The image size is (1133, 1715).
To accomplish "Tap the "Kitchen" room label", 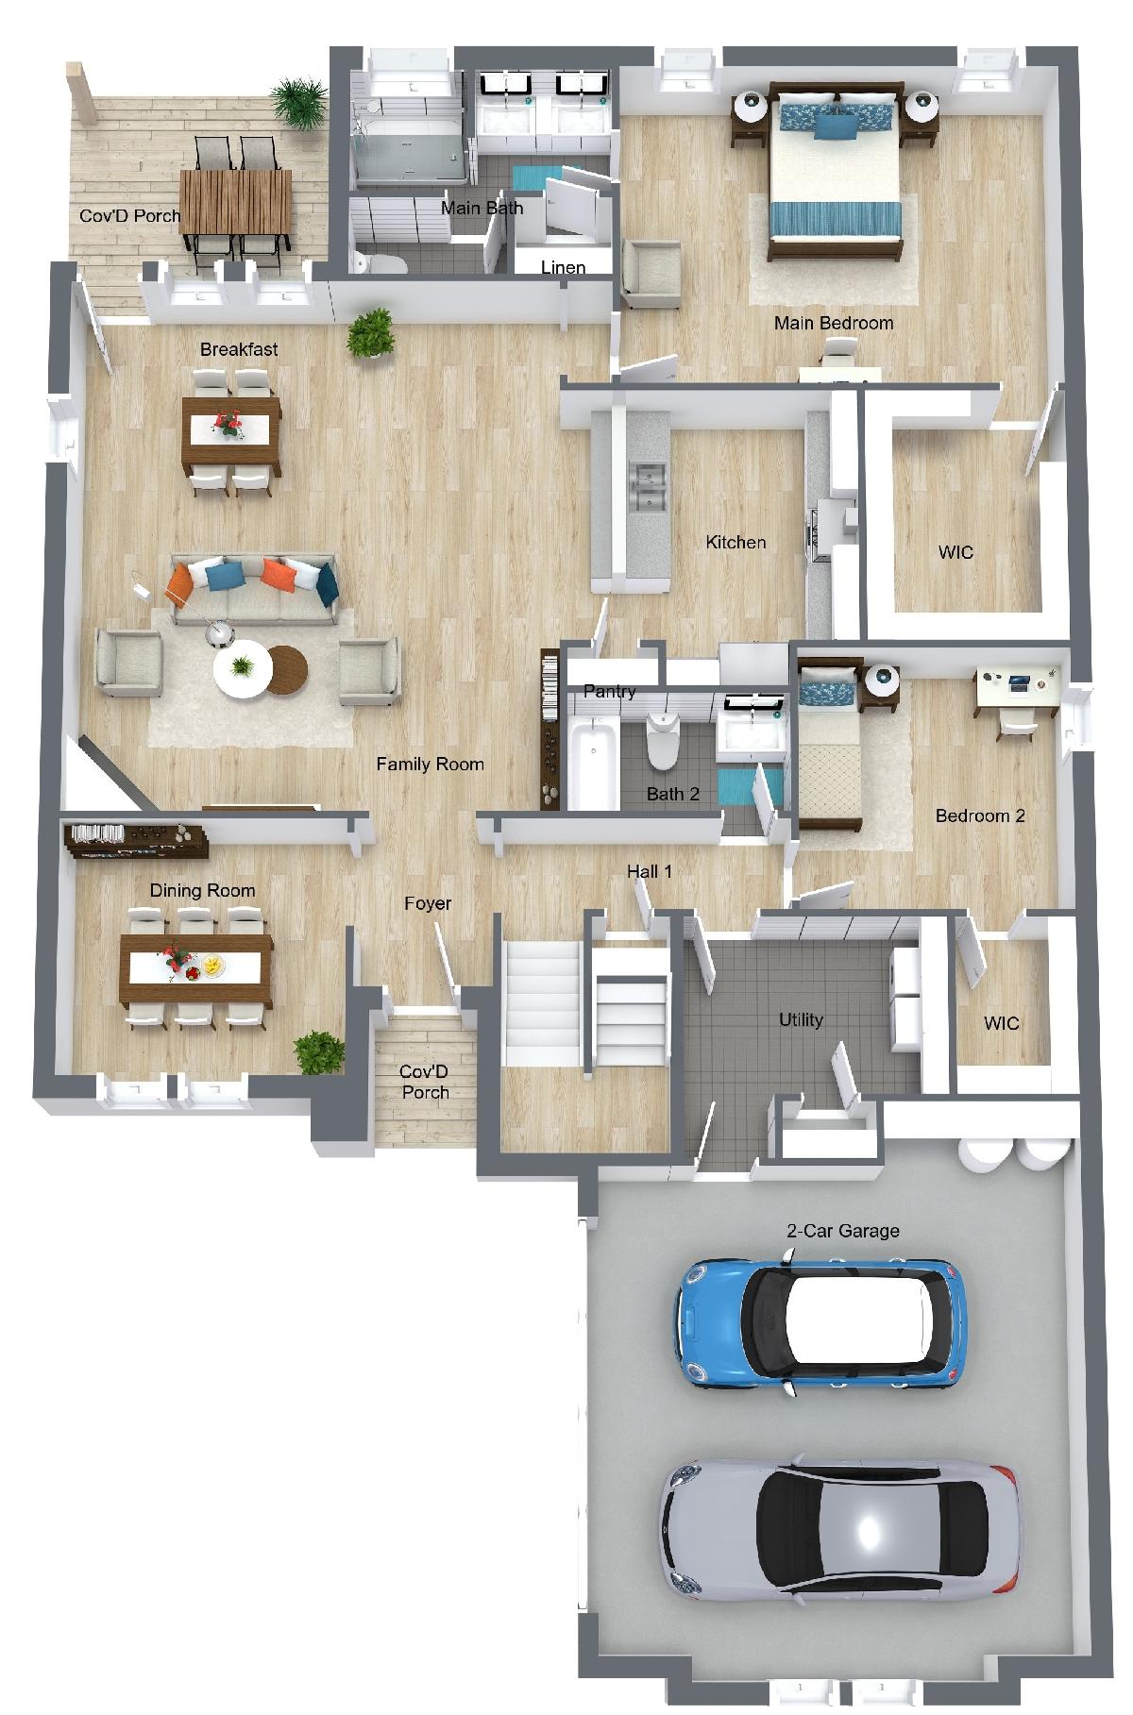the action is (736, 542).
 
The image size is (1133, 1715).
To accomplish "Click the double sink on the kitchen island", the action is (649, 487).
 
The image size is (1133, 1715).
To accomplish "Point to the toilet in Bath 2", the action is (663, 737).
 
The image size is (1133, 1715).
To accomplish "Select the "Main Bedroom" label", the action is (834, 323).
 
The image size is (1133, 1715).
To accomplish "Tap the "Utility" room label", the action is (801, 1019).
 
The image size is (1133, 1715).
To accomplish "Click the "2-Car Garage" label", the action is (843, 1231).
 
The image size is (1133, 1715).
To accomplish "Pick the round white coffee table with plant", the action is (243, 669).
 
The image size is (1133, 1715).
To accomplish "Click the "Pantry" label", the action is (609, 691).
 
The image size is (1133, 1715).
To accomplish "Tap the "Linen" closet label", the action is (564, 267).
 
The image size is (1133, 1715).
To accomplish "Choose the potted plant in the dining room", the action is (318, 1052).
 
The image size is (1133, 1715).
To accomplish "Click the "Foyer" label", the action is (428, 903).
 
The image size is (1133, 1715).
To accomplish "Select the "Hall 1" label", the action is (650, 871).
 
